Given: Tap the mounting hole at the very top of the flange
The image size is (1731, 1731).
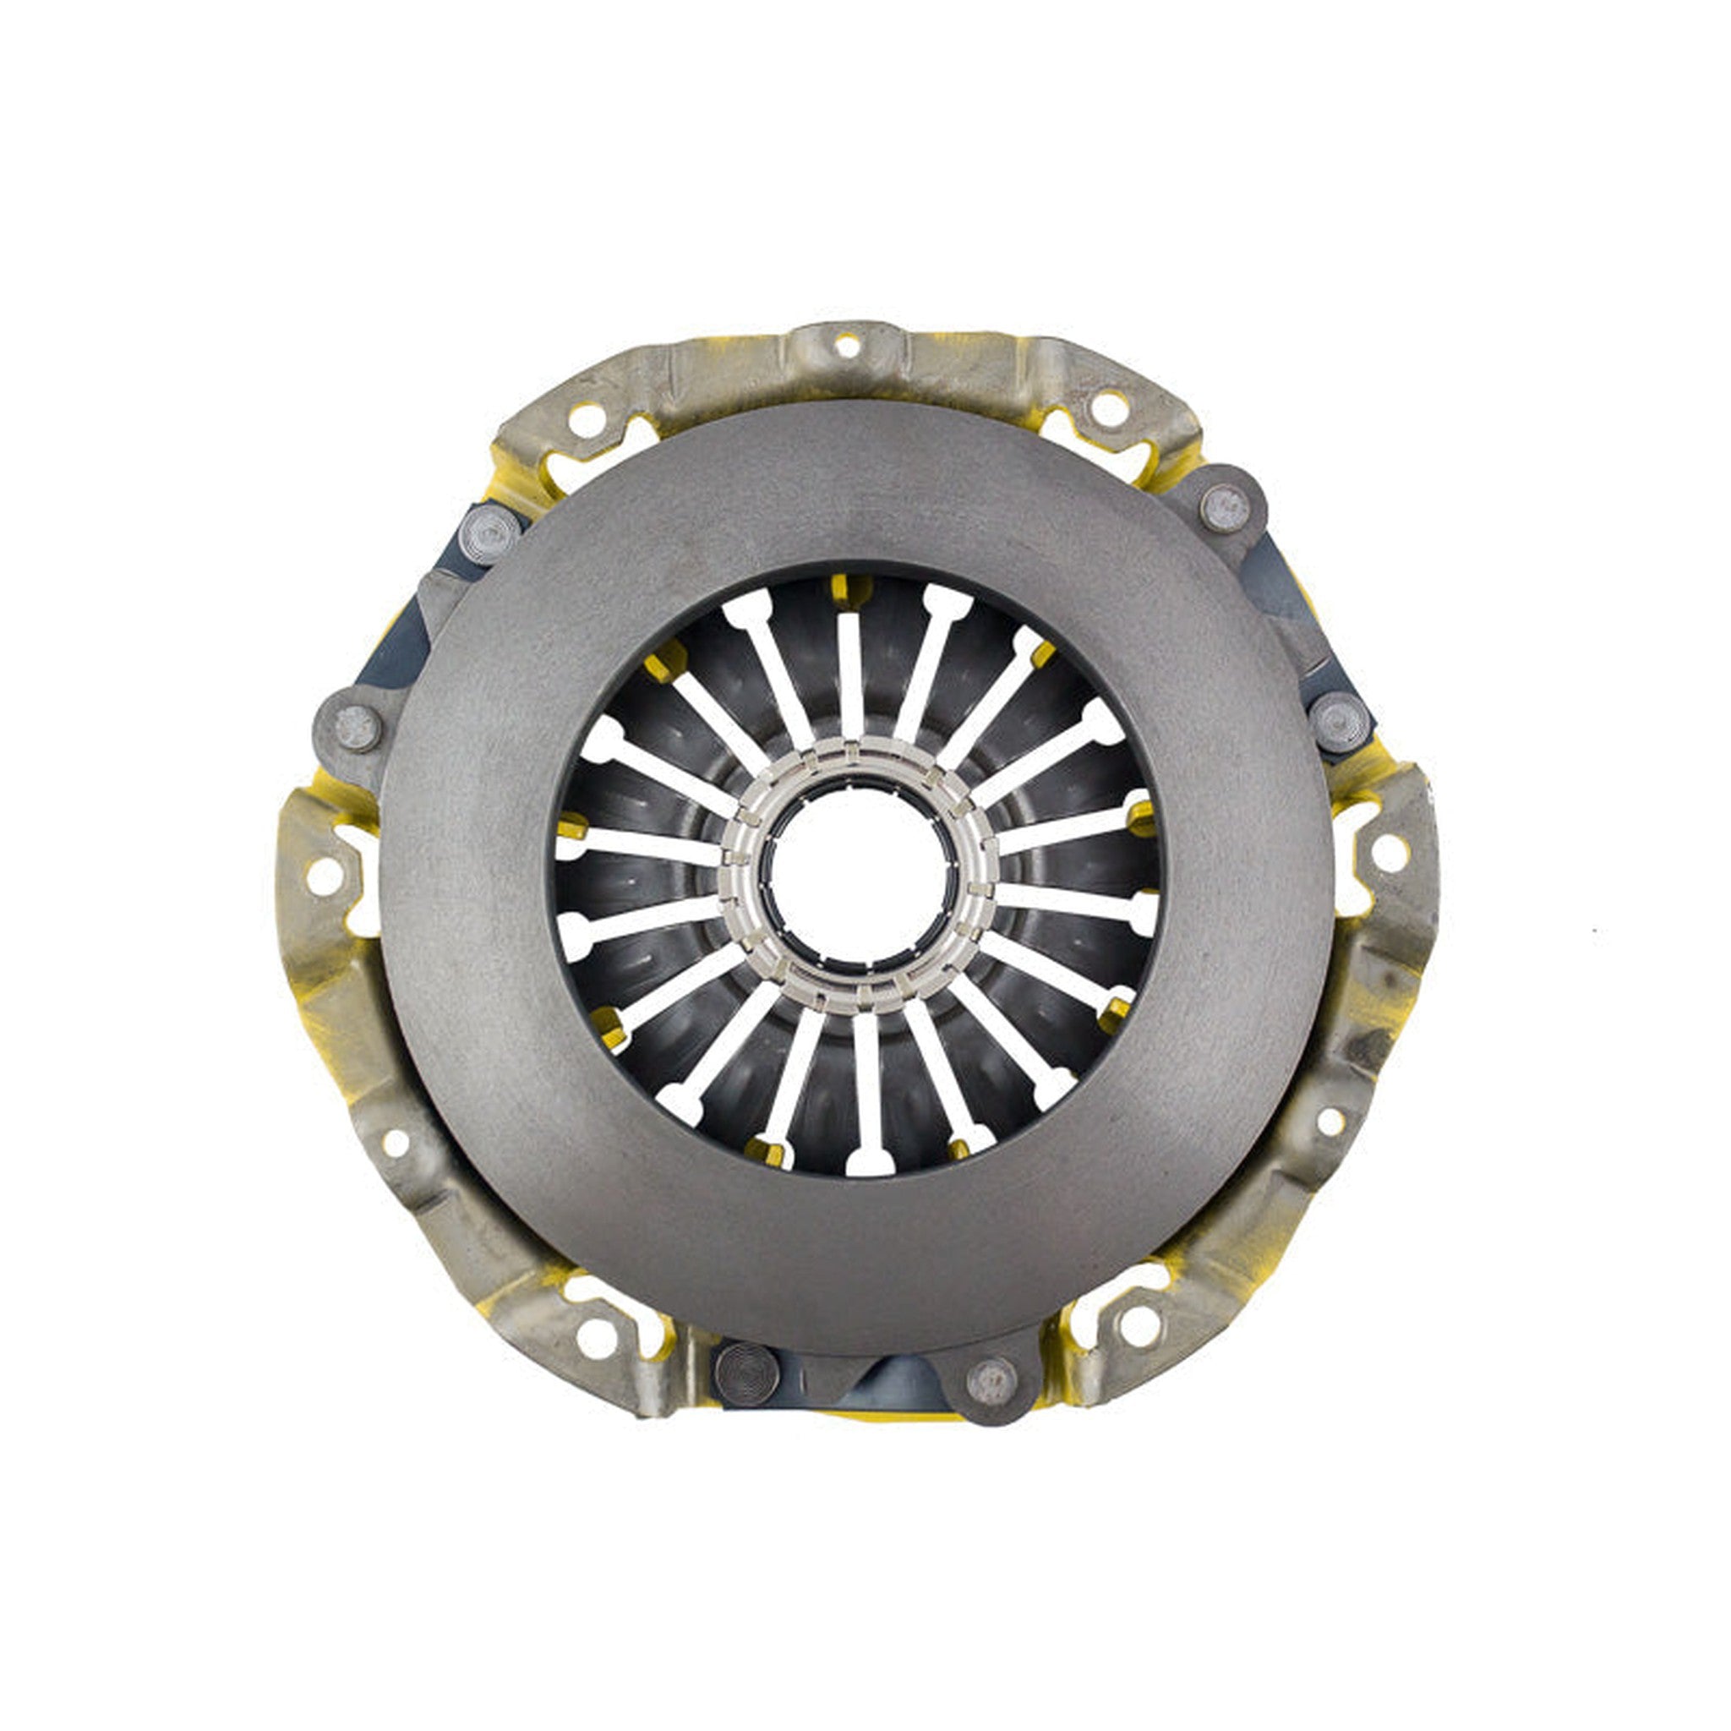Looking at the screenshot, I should (847, 345).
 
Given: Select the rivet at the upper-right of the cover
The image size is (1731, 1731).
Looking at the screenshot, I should (1225, 507).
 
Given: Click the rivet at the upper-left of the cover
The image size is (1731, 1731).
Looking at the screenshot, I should (489, 535).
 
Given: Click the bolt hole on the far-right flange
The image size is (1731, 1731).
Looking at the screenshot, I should (1390, 853).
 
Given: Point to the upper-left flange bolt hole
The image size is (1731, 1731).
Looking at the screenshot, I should (586, 420).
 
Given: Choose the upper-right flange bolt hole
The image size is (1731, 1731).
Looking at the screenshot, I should (1109, 408).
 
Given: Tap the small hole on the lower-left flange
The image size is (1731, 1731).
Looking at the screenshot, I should (395, 1143).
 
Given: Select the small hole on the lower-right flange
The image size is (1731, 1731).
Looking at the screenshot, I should (1330, 1120).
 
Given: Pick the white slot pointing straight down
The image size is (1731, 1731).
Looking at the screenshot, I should (868, 1093).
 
